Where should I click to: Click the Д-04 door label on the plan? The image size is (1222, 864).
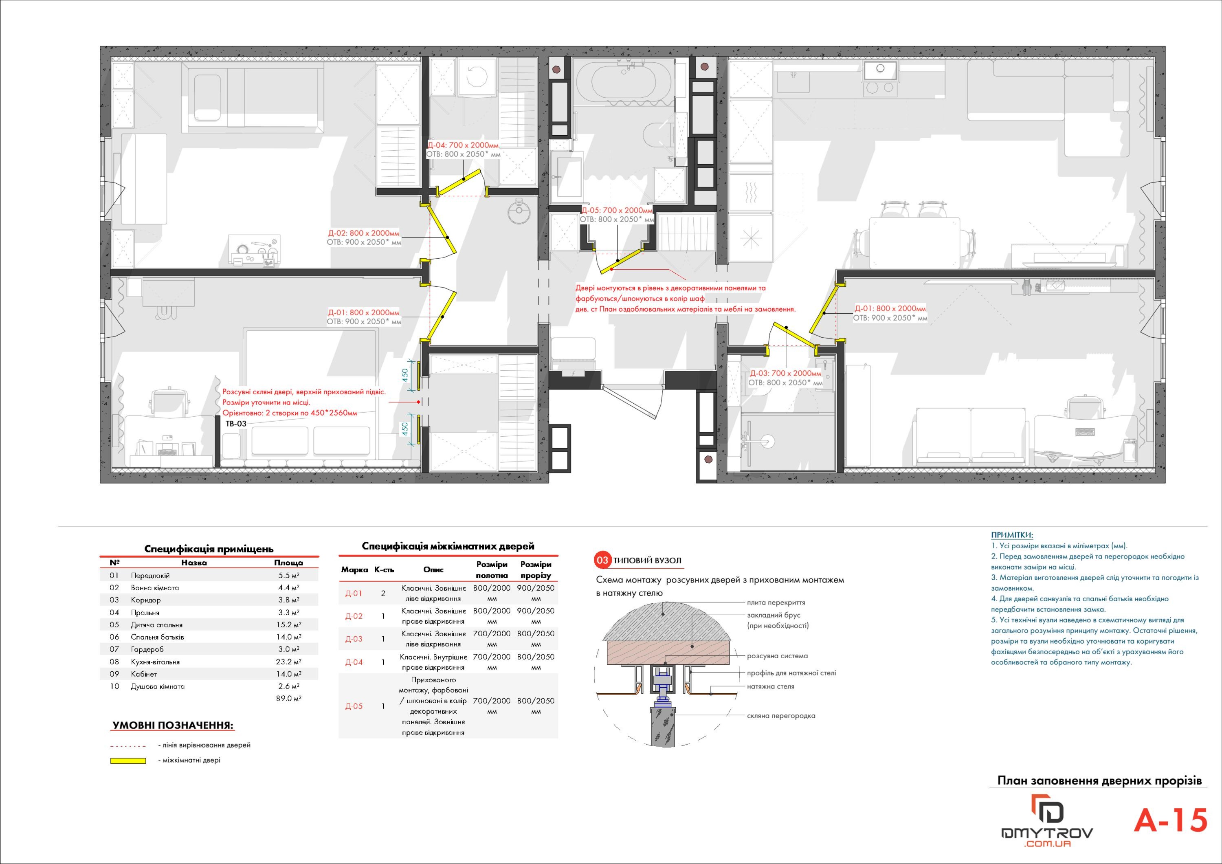pos(464,145)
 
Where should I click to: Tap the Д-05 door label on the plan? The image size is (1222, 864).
pos(617,210)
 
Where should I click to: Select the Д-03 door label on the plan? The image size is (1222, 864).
pos(786,374)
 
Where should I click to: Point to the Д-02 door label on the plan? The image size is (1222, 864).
pos(363,233)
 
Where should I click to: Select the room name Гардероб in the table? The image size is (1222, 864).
pos(147,649)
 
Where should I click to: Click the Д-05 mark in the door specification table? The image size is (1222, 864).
pos(354,706)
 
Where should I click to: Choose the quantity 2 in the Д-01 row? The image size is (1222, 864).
pos(383,594)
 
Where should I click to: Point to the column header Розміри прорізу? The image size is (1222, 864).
pos(535,569)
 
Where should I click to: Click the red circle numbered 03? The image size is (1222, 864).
pos(602,560)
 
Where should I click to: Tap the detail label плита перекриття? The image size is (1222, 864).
pos(776,602)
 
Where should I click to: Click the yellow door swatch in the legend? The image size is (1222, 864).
pos(128,761)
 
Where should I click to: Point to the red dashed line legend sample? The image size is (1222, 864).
pos(128,746)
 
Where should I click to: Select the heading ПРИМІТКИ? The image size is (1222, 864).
pos(1012,535)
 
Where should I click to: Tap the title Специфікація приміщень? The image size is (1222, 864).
pos(209,549)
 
